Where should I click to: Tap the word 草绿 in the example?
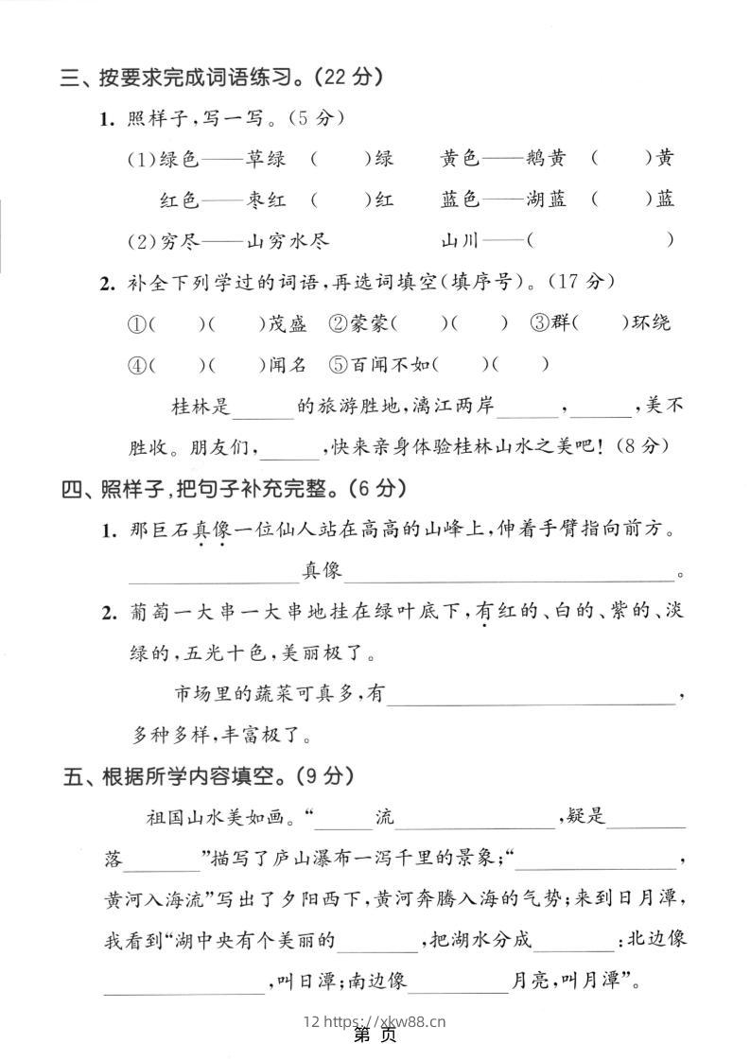click(x=266, y=159)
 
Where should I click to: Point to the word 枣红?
click(x=266, y=200)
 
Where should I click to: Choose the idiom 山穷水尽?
click(x=288, y=240)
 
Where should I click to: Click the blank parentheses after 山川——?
click(x=602, y=240)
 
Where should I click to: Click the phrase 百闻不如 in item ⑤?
click(x=392, y=364)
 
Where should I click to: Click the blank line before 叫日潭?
click(x=183, y=983)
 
